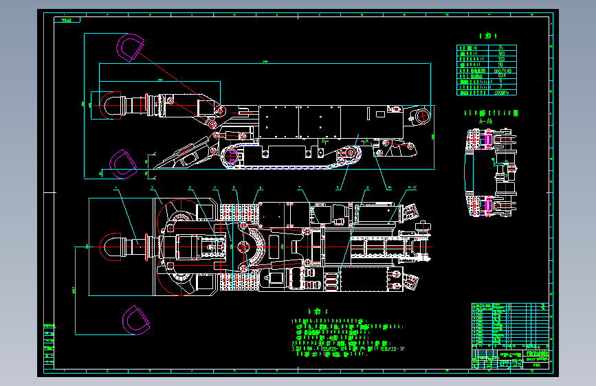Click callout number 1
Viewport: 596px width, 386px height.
(116, 188)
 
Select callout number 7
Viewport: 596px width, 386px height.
(300, 188)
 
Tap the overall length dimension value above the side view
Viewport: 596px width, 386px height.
(265, 63)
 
